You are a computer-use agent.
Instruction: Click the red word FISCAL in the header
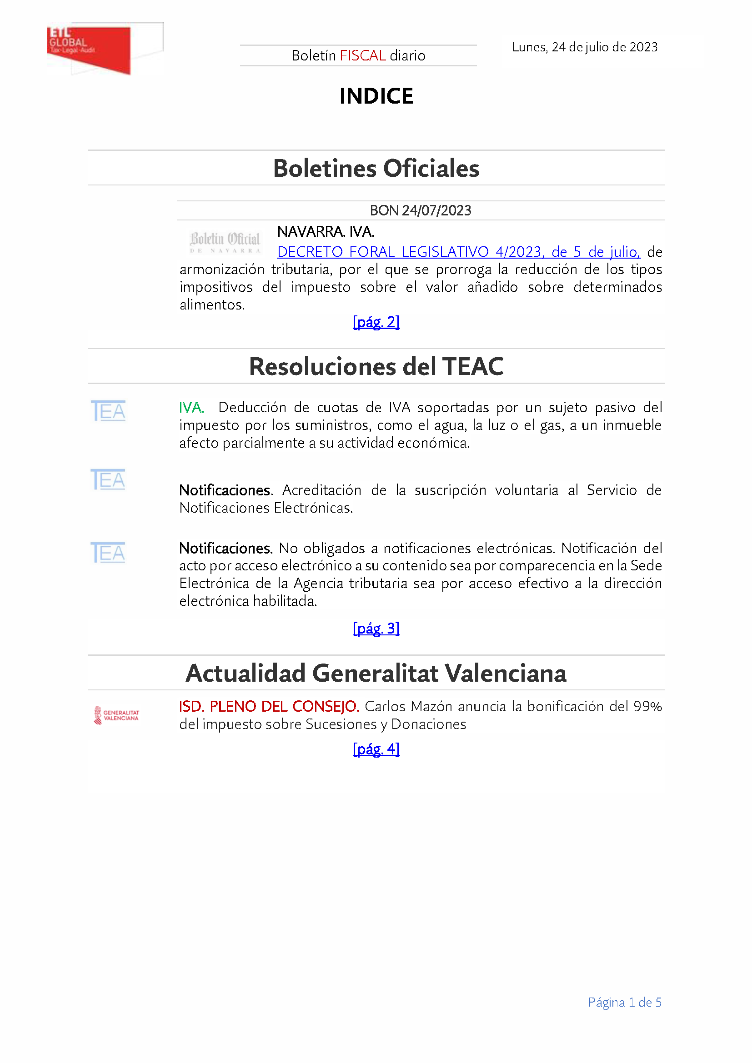(x=362, y=55)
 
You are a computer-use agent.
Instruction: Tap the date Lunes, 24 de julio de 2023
(x=584, y=47)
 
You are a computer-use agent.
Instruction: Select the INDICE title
(x=376, y=96)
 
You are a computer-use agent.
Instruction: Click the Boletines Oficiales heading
(x=376, y=168)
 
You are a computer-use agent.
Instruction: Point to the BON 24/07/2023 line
(x=420, y=211)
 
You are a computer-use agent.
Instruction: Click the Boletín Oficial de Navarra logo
(x=225, y=242)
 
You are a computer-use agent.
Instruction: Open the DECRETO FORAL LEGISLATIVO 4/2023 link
(x=458, y=252)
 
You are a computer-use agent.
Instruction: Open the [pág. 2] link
(x=376, y=322)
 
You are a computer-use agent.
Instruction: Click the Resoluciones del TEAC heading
(x=376, y=366)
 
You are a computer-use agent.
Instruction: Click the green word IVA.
(x=191, y=407)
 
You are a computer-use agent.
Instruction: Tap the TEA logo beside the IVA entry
(x=108, y=411)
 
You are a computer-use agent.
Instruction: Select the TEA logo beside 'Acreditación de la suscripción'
(x=108, y=479)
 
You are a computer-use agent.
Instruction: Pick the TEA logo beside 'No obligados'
(x=108, y=553)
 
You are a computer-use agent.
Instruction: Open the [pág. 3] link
(x=376, y=628)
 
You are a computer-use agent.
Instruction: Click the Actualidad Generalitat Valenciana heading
(x=376, y=673)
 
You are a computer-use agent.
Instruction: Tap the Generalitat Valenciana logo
(x=116, y=715)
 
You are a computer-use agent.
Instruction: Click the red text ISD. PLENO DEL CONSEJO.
(x=269, y=707)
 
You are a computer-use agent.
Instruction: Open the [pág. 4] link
(x=376, y=749)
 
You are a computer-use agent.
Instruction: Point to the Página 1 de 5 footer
(x=624, y=1003)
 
